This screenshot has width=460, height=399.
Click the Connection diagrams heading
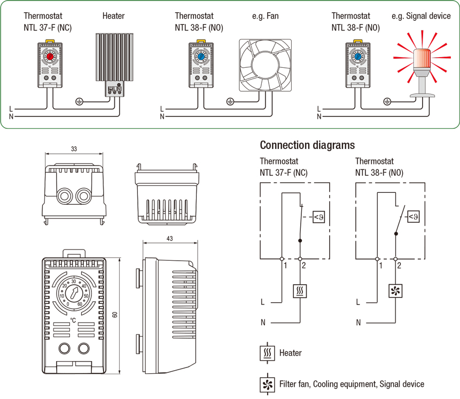307,145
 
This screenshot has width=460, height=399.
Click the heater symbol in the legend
267,353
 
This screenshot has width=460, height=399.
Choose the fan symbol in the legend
267,384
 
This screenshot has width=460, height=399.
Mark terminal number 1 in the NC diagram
286,265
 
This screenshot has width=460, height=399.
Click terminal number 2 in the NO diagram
399,265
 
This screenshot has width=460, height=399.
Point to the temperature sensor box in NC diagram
318,217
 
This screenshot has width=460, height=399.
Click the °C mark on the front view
73,320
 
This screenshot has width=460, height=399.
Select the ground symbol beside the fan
230,100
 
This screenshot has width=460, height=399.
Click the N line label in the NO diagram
358,322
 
